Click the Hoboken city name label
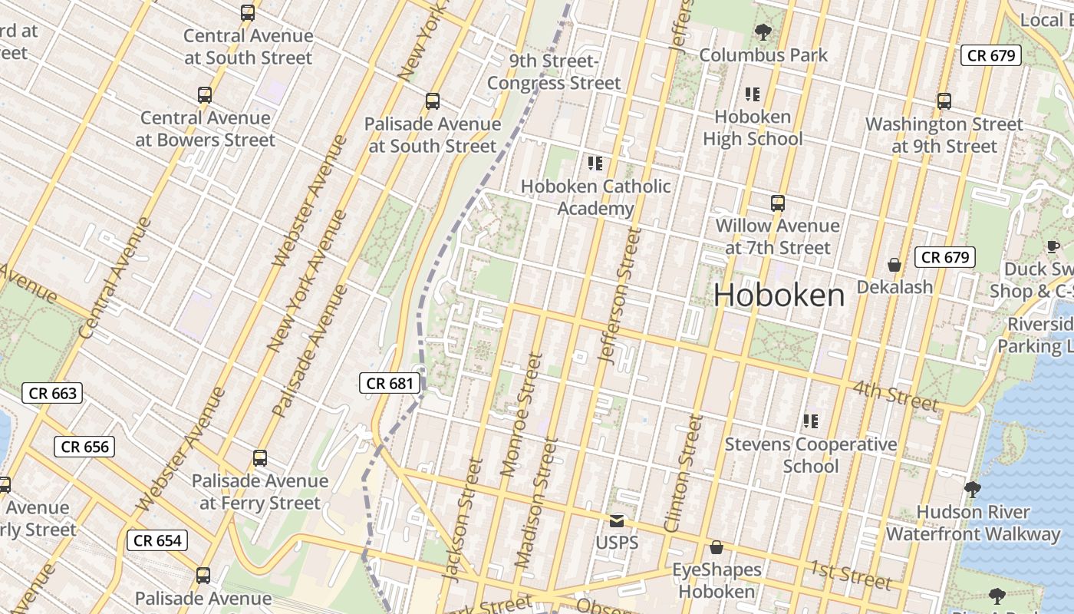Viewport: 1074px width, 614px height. pos(779,295)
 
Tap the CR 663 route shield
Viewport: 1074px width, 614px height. pos(52,394)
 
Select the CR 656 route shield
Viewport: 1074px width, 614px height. pos(84,447)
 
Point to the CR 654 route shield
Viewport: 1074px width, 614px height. pos(157,540)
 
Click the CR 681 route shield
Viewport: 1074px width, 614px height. pos(390,383)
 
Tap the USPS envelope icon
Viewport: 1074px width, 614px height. pos(617,521)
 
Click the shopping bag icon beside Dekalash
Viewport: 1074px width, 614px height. pos(894,265)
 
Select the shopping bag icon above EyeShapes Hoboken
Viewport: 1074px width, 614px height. pos(716,547)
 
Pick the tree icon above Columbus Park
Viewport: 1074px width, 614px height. pos(763,32)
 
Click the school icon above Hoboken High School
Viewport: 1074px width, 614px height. pos(752,94)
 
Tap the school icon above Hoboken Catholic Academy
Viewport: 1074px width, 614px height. pos(595,163)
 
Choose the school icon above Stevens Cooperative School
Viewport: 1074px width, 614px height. pos(810,421)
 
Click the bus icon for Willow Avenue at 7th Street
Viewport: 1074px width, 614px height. pos(778,203)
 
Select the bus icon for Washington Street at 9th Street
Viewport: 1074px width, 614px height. pos(944,101)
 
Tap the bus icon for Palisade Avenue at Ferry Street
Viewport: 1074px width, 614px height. pos(260,458)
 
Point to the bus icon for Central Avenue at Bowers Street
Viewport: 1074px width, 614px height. pos(204,95)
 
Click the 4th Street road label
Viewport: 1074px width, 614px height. pos(895,394)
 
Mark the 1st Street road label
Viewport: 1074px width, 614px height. pos(851,574)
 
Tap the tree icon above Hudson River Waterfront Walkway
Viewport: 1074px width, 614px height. pos(972,489)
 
